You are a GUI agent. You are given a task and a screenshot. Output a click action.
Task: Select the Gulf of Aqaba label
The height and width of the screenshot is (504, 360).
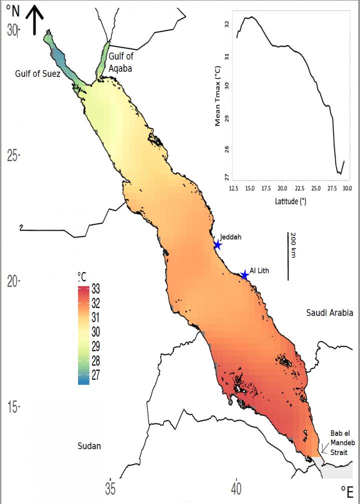pos(120,63)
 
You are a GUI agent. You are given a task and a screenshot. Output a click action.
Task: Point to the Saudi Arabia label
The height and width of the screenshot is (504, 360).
pos(329,313)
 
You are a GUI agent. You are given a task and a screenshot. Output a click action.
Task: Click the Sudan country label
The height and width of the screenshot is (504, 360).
pos(89,445)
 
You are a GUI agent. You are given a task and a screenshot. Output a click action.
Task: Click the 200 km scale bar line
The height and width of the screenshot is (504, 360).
pos(288,255)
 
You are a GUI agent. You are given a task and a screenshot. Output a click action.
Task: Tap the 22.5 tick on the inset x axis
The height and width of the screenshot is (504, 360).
pos(298,188)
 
